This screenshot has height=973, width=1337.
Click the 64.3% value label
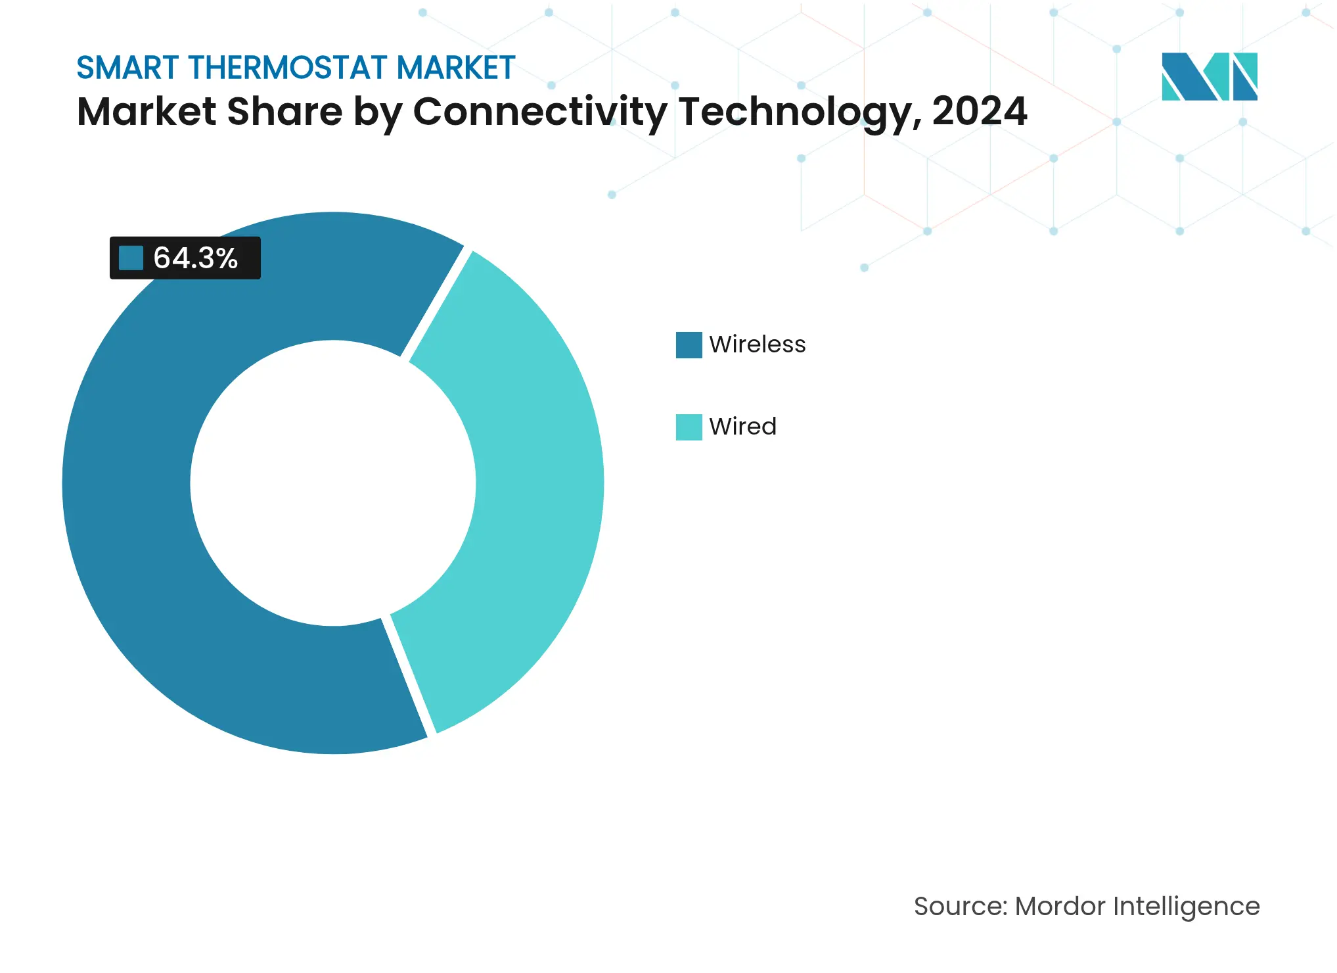point(195,258)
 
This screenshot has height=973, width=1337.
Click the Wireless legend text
point(757,344)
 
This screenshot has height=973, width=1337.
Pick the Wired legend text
point(742,427)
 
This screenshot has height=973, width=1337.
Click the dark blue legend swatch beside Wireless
point(689,345)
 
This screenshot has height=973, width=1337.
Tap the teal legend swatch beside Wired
point(689,427)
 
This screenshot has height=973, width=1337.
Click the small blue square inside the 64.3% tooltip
point(131,258)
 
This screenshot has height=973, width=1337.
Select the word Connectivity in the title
point(539,112)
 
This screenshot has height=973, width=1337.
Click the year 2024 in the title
point(979,112)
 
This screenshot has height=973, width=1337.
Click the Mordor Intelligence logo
point(1209,76)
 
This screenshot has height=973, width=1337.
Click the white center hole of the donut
point(333,483)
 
